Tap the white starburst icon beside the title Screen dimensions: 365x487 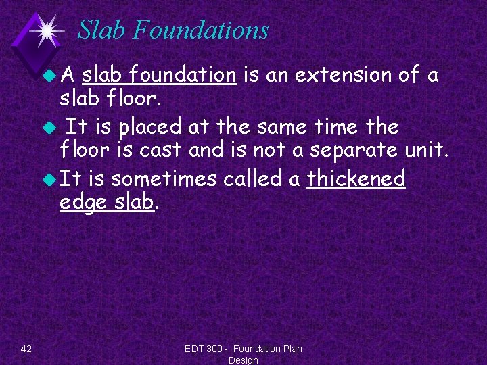click(x=47, y=30)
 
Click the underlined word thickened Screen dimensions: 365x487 click(x=356, y=179)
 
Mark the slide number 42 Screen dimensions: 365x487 click(x=26, y=349)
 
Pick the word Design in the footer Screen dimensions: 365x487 click(x=243, y=360)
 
